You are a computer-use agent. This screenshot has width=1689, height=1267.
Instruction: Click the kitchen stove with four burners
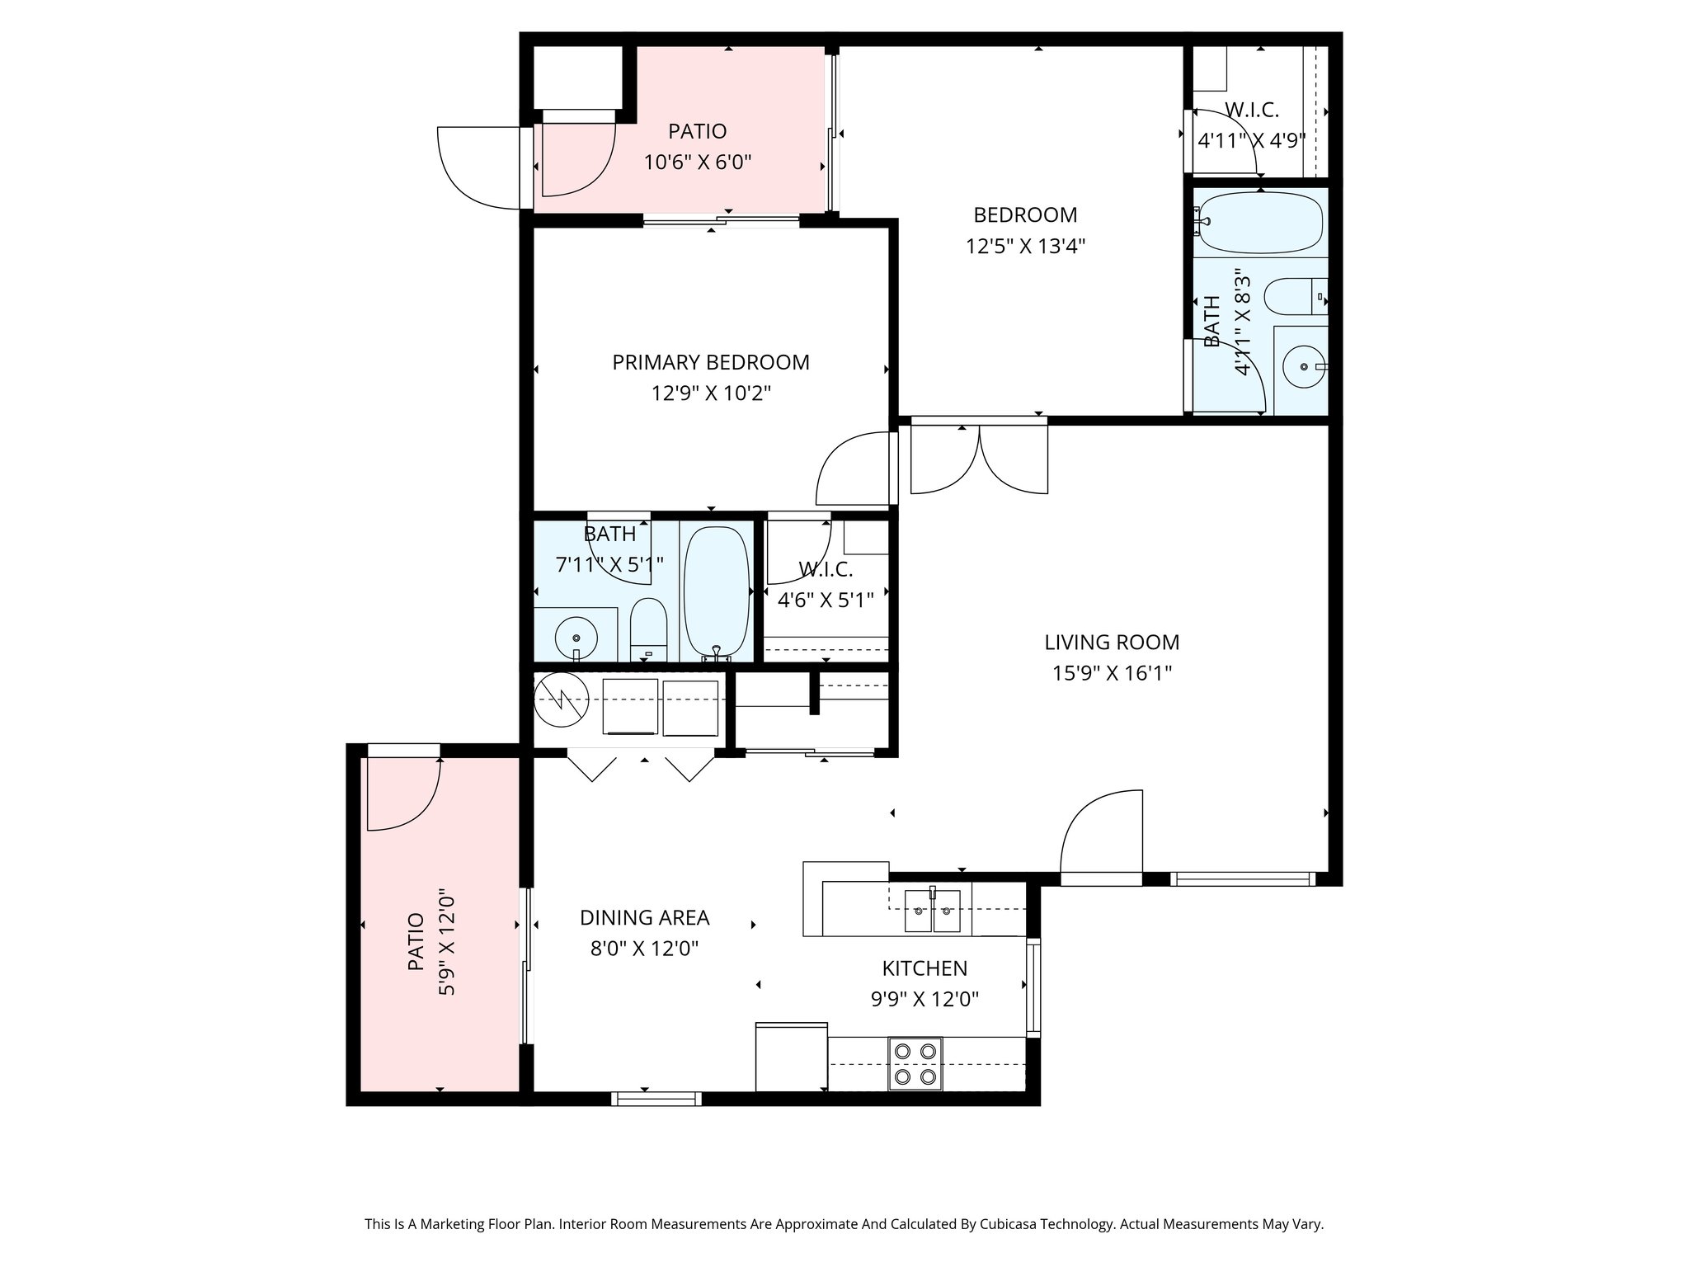click(915, 1064)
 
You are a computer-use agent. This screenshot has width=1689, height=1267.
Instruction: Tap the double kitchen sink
click(933, 911)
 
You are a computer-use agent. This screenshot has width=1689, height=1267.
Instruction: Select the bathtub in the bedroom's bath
click(1259, 223)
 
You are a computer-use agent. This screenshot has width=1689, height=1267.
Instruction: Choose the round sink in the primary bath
click(576, 638)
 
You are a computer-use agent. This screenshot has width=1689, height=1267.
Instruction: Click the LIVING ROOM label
click(1112, 642)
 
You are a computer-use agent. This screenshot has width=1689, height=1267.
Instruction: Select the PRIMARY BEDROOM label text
click(711, 362)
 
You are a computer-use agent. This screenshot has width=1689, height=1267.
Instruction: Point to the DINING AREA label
click(645, 917)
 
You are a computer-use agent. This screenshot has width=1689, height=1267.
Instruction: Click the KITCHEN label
click(924, 968)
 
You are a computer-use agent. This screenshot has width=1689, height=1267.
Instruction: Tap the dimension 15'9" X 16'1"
click(1112, 673)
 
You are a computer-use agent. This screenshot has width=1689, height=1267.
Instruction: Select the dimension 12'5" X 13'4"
click(1025, 246)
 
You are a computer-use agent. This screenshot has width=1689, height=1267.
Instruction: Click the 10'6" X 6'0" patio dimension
click(698, 162)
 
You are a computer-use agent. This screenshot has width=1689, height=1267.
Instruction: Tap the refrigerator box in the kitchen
click(791, 1057)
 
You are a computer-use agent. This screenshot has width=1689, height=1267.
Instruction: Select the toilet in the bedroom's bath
click(1296, 296)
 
